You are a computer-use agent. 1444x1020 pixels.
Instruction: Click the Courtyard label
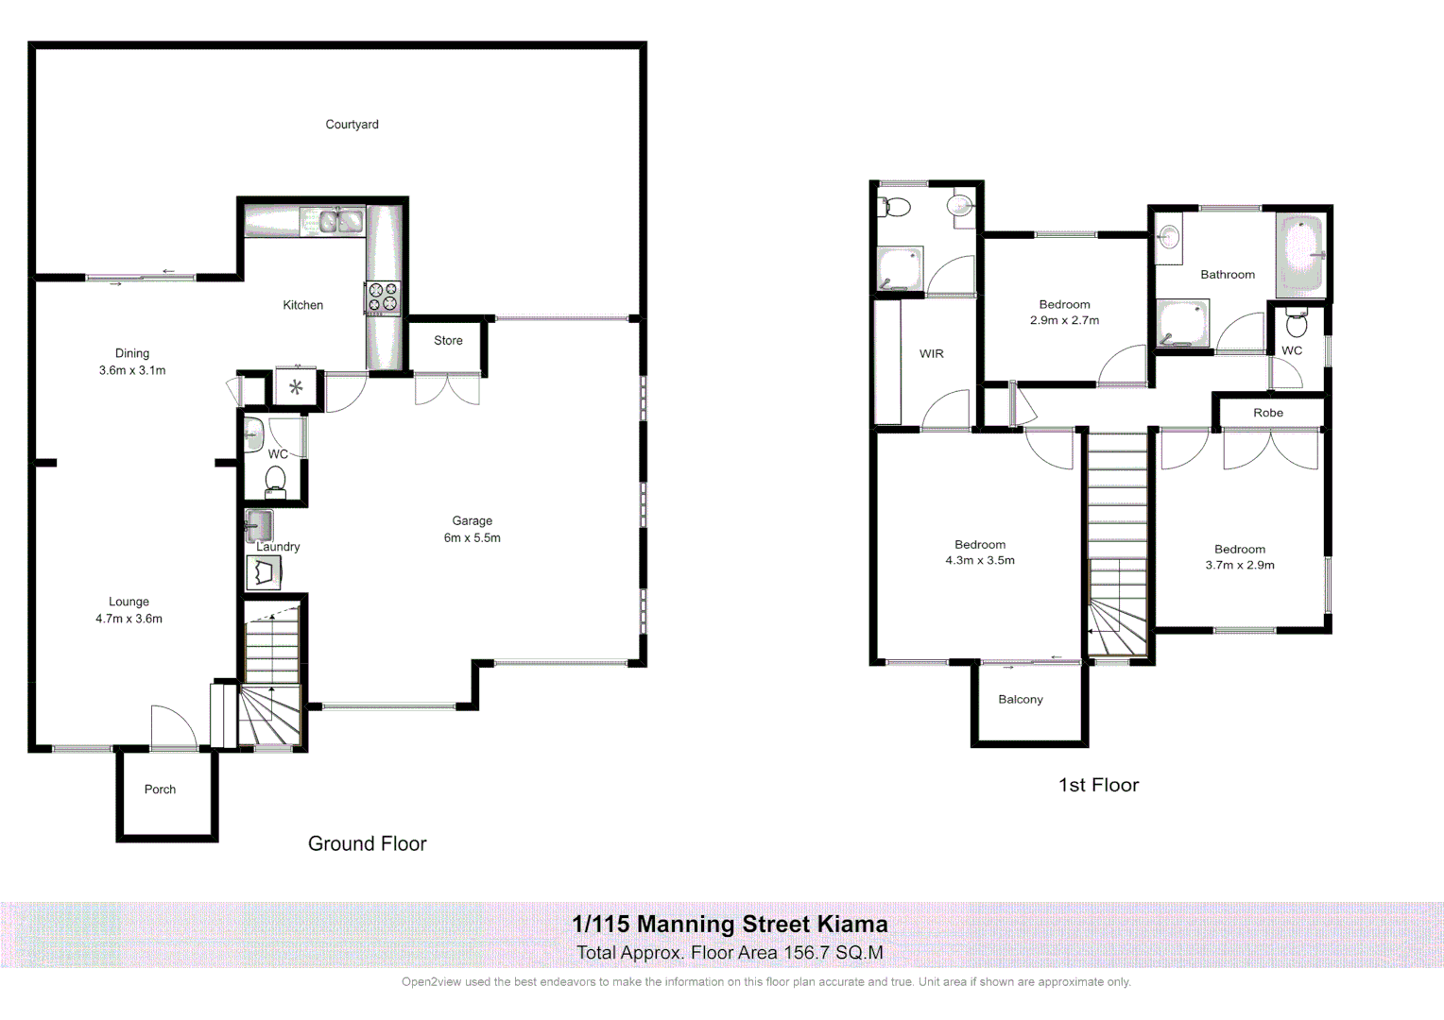pos(352,125)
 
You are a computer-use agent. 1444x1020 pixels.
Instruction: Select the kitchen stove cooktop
pos(383,297)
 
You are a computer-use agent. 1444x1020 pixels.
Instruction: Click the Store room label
pos(448,341)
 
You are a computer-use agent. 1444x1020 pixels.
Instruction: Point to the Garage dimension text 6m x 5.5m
pos(472,538)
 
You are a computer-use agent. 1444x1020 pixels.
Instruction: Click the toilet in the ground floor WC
pos(275,481)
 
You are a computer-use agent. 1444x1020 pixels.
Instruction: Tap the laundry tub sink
pos(260,525)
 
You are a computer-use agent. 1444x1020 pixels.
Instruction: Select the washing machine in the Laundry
pos(264,572)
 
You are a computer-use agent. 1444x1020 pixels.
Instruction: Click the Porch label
pos(160,790)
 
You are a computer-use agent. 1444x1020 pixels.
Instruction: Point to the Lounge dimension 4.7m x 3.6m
pos(129,620)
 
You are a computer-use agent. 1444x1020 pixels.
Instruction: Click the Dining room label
pos(132,353)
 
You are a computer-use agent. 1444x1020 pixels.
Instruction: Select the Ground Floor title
pos(367,844)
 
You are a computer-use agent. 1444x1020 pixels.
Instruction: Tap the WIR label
pos(931,354)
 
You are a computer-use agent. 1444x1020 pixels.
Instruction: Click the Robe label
pos(1268,413)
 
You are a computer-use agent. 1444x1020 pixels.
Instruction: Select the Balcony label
pos(1021,700)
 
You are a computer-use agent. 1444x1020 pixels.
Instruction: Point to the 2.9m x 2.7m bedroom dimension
pos(1064,321)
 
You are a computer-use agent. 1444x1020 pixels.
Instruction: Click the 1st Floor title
pos(1098,786)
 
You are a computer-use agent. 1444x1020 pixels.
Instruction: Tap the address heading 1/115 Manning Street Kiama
pos(730,925)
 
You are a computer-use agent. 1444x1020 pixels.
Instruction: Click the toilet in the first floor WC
pos(1297,325)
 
